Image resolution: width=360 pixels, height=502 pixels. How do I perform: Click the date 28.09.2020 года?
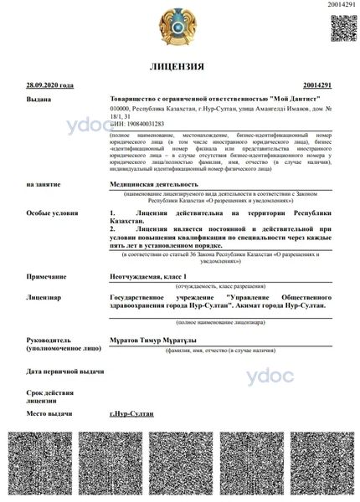click(50, 85)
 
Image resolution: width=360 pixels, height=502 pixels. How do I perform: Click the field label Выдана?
click(39, 99)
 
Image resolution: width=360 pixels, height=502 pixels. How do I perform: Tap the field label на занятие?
click(44, 182)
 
